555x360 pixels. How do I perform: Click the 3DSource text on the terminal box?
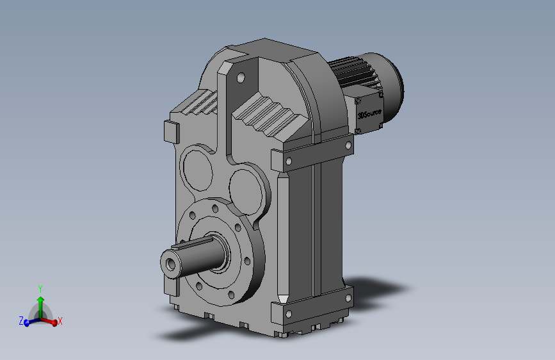click(x=369, y=114)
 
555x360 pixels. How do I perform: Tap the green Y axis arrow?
click(x=40, y=307)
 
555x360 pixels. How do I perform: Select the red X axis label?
click(x=60, y=322)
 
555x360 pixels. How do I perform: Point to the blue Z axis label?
click(x=21, y=321)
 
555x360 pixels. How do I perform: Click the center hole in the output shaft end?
click(x=171, y=264)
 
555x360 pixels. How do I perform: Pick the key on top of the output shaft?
click(x=191, y=243)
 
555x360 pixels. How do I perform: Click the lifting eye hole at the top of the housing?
click(x=241, y=78)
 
